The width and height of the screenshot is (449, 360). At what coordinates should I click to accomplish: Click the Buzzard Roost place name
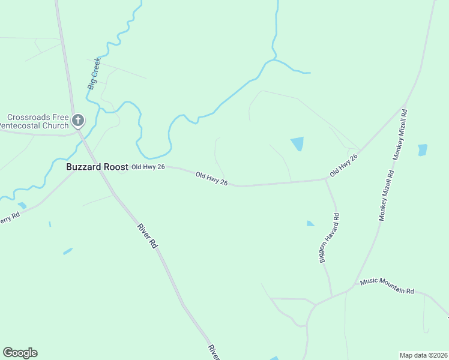[97, 167]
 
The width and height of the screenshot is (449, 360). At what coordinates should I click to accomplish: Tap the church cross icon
[77, 121]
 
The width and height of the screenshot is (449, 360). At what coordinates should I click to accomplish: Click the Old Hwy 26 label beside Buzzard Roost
[148, 167]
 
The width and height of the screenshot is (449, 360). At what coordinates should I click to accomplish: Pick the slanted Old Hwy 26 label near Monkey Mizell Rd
[343, 165]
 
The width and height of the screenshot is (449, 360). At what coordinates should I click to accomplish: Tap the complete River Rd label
[147, 236]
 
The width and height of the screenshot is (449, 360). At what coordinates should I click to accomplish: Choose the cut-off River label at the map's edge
[214, 352]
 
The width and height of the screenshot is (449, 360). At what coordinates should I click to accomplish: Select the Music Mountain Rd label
[387, 286]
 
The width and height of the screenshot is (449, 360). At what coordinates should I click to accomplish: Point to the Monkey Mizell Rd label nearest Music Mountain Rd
[386, 196]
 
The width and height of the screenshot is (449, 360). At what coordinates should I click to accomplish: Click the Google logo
[20, 353]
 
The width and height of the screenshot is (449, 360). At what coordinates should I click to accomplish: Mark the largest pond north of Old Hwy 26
[297, 143]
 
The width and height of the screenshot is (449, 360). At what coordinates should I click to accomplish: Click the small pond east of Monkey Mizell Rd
[423, 150]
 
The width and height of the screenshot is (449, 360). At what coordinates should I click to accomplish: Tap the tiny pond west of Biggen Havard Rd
[310, 224]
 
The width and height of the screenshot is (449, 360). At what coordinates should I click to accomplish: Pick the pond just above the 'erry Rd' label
[22, 205]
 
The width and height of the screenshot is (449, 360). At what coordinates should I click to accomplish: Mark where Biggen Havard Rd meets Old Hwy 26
[325, 179]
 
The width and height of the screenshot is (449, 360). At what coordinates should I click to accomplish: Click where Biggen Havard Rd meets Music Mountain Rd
[332, 297]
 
